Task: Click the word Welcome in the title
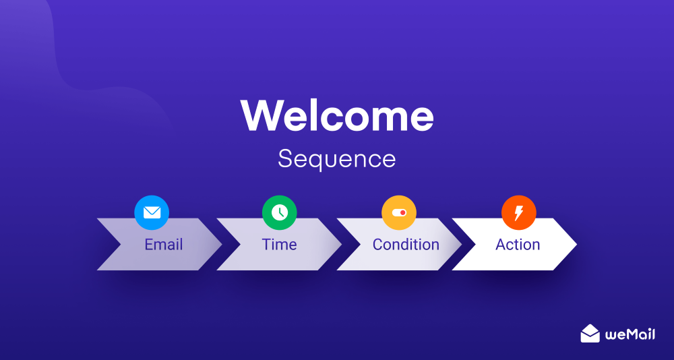coord(337,115)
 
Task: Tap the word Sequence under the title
coord(336,159)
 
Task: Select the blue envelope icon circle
coord(152,213)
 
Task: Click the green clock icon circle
coord(279,213)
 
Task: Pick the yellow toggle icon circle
coord(399,213)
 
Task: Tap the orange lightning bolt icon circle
coord(518,213)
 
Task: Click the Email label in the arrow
coord(164,245)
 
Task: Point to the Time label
coord(279,245)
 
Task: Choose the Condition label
coord(406,245)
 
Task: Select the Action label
coord(518,245)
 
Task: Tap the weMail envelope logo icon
coord(590,333)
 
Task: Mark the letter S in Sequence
coord(285,159)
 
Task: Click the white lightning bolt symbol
coord(518,213)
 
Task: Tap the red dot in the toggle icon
coord(402,212)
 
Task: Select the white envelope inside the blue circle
coord(152,213)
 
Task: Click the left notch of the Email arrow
coord(118,244)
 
